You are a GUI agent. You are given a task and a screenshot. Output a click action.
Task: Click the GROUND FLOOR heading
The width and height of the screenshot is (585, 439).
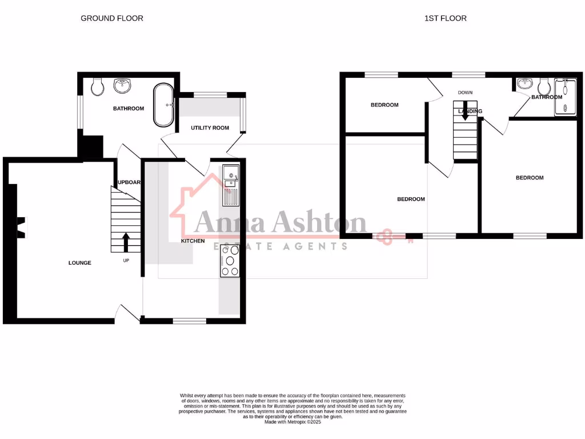pyautogui.click(x=111, y=18)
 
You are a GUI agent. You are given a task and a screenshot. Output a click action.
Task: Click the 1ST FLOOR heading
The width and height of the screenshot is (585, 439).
pyautogui.click(x=445, y=18)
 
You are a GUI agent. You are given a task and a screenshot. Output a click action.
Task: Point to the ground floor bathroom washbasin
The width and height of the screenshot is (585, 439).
pyautogui.click(x=122, y=85)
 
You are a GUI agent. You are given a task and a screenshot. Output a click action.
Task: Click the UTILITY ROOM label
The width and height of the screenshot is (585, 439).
pyautogui.click(x=210, y=128)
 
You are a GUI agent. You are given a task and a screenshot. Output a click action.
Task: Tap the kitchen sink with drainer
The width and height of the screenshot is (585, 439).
pyautogui.click(x=230, y=184)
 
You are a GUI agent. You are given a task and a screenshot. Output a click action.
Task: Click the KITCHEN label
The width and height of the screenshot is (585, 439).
pyautogui.click(x=193, y=241)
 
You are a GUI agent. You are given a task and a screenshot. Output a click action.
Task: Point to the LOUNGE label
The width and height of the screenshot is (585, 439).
pyautogui.click(x=79, y=263)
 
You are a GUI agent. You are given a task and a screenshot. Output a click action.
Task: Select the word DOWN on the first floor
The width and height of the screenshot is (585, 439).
pyautogui.click(x=464, y=93)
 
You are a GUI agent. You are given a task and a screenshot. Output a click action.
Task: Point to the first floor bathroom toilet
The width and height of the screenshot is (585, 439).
pyautogui.click(x=543, y=86)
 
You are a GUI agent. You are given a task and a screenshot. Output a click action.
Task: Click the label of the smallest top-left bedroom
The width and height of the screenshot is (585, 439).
pyautogui.click(x=384, y=105)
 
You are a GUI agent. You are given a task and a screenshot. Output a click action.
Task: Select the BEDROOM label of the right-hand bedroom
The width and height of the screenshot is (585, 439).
pyautogui.click(x=530, y=178)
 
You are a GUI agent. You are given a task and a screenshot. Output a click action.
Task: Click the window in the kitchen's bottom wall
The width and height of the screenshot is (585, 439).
pyautogui.click(x=190, y=321)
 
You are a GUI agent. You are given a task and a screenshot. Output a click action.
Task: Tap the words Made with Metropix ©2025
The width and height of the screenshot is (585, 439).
pyautogui.click(x=292, y=422)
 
